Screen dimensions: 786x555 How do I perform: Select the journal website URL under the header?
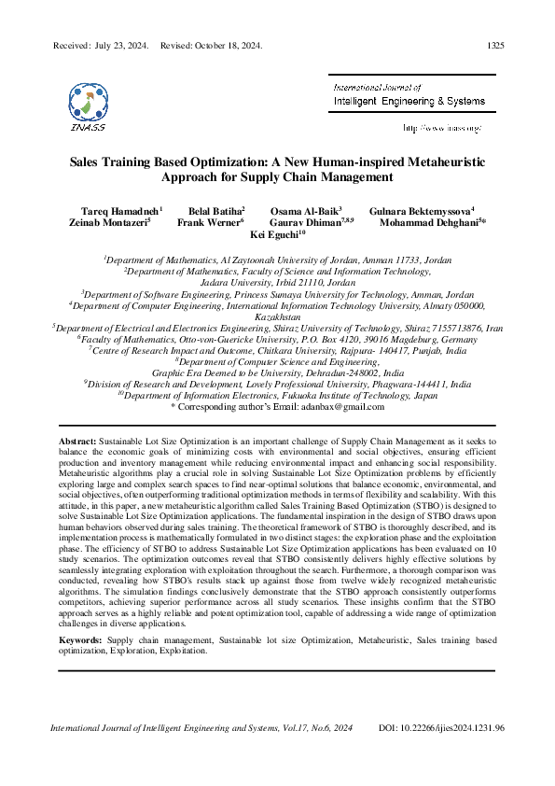point(441,127)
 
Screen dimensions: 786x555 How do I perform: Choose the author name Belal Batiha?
point(215,212)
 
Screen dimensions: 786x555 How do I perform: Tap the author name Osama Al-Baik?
point(304,212)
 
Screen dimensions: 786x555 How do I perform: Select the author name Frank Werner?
point(210,224)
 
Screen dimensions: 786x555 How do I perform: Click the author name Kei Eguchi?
point(275,236)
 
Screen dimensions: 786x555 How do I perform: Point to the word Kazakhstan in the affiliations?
point(278,317)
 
